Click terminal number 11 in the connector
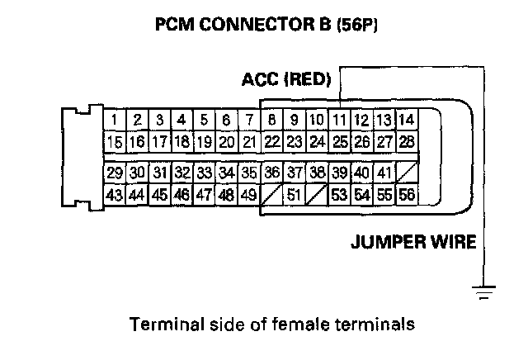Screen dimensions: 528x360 pyautogui.click(x=338, y=121)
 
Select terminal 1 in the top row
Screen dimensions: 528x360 pyautogui.click(x=115, y=121)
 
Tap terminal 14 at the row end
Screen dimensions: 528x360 pyautogui.click(x=405, y=121)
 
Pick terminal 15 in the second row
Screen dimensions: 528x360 pyautogui.click(x=115, y=142)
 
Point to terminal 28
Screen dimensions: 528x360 pyautogui.click(x=405, y=142)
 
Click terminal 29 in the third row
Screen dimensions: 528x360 pyautogui.click(x=115, y=173)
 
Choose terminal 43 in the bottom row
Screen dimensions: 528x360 pyautogui.click(x=115, y=196)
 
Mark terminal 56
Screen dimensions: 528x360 pyautogui.click(x=405, y=196)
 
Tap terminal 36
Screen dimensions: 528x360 pyautogui.click(x=271, y=173)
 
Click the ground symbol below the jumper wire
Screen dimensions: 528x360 pyautogui.click(x=483, y=289)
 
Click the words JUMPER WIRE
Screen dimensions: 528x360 pyautogui.click(x=413, y=242)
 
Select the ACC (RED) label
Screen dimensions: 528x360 pyautogui.click(x=286, y=80)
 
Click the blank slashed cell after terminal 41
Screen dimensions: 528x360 pyautogui.click(x=405, y=173)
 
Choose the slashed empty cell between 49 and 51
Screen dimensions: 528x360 pyautogui.click(x=271, y=196)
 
